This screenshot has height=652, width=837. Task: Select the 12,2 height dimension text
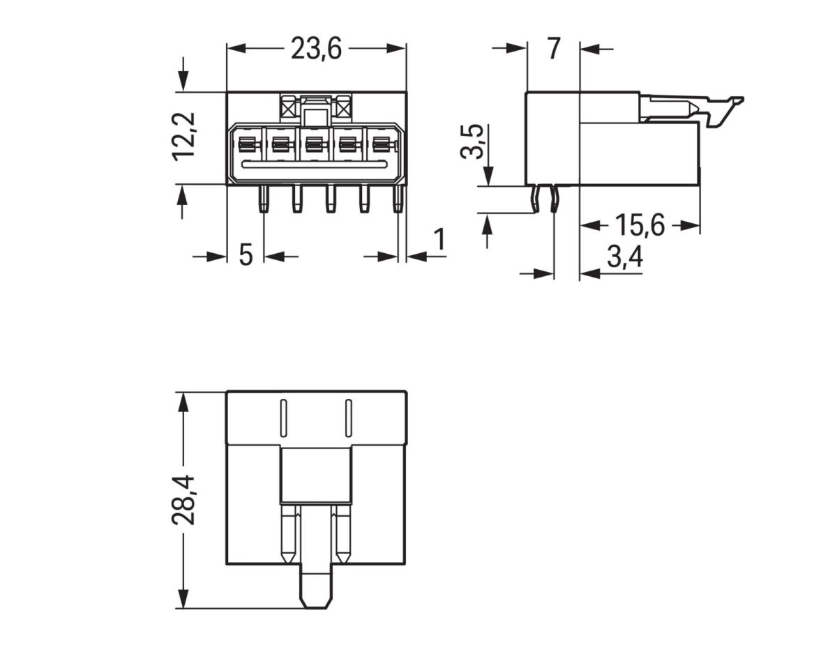186,136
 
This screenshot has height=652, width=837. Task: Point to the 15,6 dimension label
640,226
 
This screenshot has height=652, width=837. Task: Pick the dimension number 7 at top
553,49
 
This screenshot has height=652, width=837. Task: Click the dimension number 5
246,255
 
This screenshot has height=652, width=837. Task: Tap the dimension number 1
439,240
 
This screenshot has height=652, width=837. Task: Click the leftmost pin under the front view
263,199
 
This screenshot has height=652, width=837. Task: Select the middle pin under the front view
331,199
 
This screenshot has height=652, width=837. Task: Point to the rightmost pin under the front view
398,199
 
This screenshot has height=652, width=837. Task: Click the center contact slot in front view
314,145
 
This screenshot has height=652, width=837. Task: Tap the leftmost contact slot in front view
246,145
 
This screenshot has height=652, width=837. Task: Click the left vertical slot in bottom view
284,418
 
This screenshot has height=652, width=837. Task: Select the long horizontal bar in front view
314,164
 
